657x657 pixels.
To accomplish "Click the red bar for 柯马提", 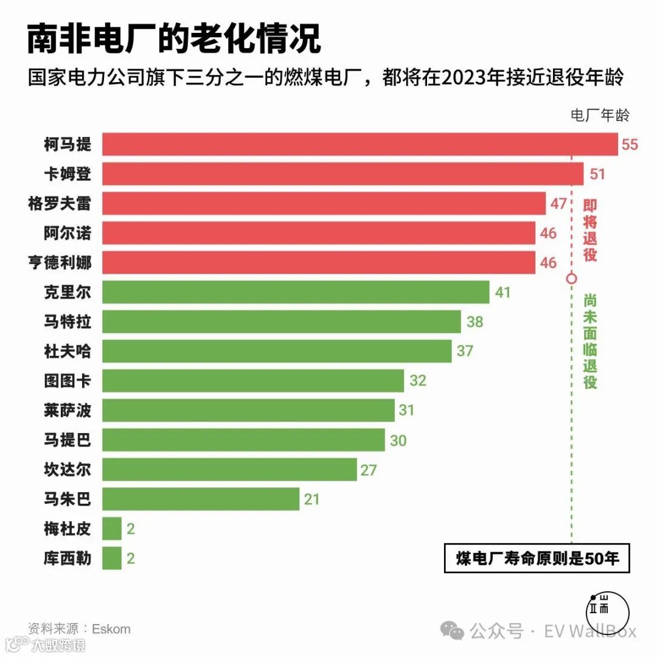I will [359, 144].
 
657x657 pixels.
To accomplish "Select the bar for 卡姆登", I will [342, 173].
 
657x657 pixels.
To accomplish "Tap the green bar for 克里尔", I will [295, 292].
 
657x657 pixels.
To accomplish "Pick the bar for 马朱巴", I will [201, 499].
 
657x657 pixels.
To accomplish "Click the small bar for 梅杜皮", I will [112, 529].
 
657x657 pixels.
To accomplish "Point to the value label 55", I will [630, 145].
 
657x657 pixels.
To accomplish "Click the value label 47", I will [558, 203].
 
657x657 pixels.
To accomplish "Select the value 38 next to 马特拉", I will [474, 322].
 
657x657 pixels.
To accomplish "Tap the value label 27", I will [369, 470].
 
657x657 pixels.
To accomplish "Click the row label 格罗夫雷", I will [59, 203].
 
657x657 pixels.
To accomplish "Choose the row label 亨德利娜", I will [59, 263].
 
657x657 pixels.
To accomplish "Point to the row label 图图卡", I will [67, 381].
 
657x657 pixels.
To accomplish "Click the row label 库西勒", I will [67, 558].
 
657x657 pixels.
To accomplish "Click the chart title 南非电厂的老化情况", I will [173, 40].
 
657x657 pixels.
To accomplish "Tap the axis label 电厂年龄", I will [600, 114].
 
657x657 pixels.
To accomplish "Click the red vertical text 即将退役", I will [589, 230].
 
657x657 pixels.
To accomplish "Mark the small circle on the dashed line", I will [571, 279].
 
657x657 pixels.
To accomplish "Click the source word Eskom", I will [111, 628].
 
